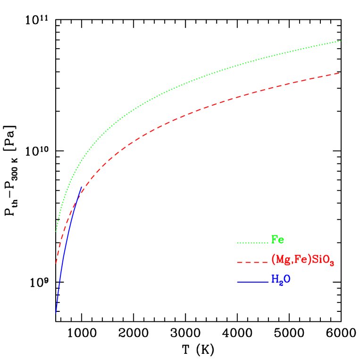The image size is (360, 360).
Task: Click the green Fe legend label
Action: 277,240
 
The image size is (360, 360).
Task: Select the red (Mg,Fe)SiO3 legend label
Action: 302,260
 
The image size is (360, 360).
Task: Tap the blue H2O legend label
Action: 280,279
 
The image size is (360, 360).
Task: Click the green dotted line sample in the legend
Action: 252,243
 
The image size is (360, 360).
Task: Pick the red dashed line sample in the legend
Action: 252,262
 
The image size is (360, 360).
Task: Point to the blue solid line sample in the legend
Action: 252,282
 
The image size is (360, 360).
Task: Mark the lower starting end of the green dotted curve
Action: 56,231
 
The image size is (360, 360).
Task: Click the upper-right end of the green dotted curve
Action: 341,41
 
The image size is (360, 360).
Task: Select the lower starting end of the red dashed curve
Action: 56,263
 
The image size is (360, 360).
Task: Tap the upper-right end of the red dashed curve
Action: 340,73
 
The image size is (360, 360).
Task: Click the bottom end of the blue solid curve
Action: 56,313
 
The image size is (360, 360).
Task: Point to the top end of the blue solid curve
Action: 82,187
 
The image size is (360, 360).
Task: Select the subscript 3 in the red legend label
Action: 332,263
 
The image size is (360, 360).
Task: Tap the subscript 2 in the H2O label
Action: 279,282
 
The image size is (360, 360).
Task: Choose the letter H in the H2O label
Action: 274,279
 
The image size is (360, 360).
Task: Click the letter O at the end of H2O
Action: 286,279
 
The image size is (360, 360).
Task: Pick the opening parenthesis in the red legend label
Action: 273,260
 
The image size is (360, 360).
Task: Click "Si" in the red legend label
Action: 317,259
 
